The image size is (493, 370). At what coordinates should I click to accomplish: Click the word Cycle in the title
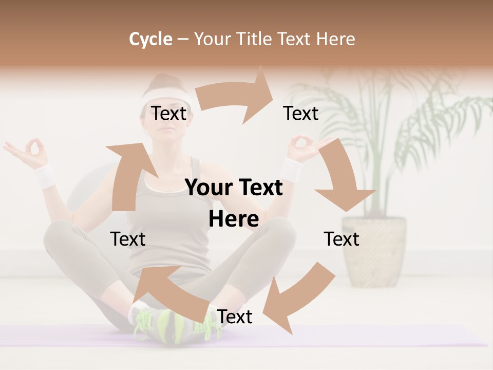[x=150, y=39]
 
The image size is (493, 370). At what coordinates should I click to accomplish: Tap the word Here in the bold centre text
[x=234, y=219]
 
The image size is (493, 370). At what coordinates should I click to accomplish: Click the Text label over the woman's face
[x=168, y=114]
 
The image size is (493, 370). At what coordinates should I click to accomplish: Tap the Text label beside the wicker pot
[x=342, y=239]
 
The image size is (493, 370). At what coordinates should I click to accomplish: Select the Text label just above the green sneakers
[x=235, y=317]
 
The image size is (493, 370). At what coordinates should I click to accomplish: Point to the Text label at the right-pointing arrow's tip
[x=301, y=114]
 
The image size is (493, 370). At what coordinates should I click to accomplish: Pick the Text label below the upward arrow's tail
[x=128, y=239]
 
